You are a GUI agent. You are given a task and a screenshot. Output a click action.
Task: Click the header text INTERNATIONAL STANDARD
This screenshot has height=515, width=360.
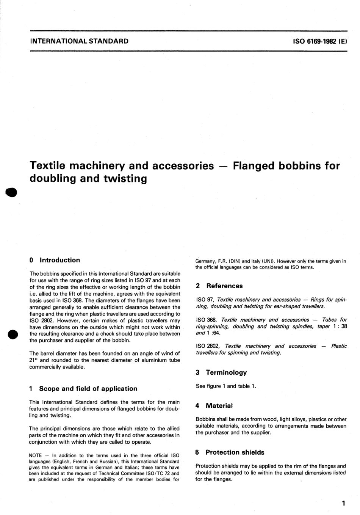tap(79, 41)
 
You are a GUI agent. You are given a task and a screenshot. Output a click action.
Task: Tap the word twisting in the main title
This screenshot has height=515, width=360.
tap(125, 178)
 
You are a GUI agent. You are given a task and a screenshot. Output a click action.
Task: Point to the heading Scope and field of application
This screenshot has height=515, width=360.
tap(88, 388)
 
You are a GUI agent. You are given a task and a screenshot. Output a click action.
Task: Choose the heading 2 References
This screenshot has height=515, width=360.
tap(219, 286)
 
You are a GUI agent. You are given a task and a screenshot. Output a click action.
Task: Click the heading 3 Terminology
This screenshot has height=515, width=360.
tap(221, 372)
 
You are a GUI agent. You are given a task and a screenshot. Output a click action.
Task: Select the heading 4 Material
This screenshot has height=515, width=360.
tap(214, 406)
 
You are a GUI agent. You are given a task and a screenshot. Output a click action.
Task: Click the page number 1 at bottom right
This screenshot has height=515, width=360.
tap(343, 504)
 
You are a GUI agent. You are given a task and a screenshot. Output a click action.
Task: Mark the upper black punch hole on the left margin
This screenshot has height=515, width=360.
tap(11, 192)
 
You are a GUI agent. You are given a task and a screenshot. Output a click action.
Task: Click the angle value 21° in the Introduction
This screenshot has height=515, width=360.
tap(34, 360)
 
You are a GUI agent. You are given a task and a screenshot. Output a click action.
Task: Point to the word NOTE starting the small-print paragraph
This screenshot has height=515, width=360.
tap(35, 455)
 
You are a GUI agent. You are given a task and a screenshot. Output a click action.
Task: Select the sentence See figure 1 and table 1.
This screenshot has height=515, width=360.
tap(226, 386)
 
